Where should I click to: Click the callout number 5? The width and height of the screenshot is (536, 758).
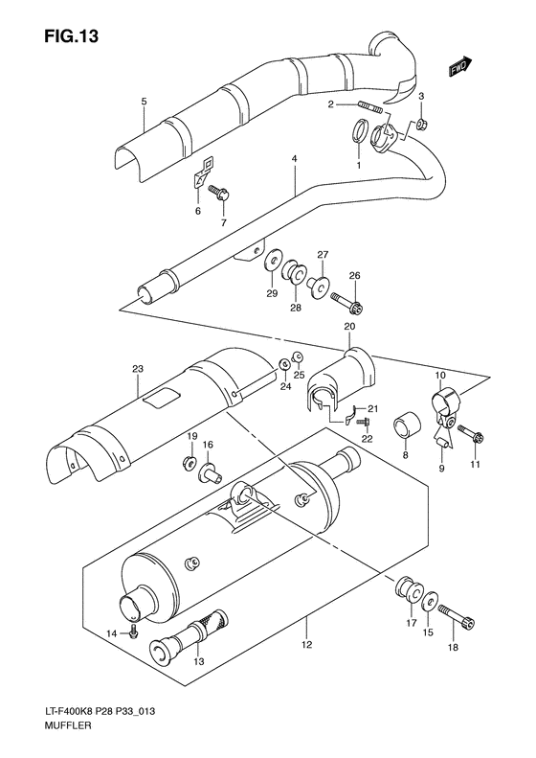coord(143,101)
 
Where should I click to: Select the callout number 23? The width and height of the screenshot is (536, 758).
coord(137,368)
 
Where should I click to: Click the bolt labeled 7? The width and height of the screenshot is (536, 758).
coord(215,195)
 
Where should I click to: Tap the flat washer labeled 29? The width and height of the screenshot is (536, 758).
coord(273,258)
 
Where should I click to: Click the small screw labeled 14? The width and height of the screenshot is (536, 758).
coord(139,633)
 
